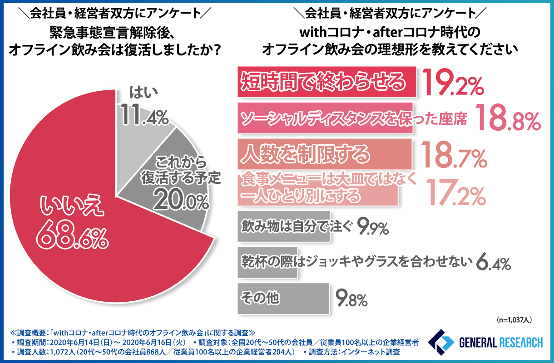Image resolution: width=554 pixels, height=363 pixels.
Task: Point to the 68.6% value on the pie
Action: pos(73,235)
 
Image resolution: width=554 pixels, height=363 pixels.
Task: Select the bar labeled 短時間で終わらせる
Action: pos(326,82)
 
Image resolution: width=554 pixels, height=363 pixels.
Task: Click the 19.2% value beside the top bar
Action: pos(452,83)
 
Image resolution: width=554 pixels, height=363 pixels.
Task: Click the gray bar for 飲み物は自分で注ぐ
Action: pos(283,226)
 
